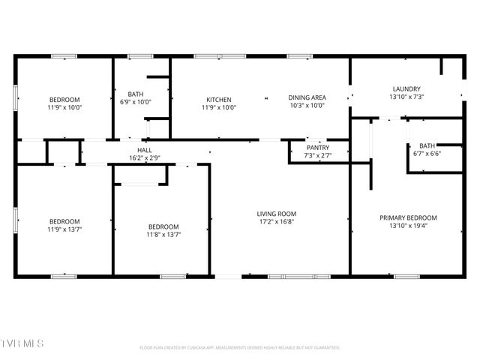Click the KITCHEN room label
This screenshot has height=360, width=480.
click(x=219, y=100)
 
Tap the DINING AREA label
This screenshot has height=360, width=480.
click(x=307, y=97)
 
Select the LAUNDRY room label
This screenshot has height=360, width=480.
click(x=406, y=88)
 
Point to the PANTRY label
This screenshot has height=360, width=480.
click(x=318, y=148)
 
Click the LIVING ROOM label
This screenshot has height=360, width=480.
click(x=277, y=213)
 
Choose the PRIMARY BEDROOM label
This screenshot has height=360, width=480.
click(x=408, y=217)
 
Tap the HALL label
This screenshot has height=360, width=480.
click(x=145, y=150)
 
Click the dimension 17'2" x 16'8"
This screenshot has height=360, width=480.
click(x=277, y=222)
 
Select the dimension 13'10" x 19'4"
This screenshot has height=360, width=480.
click(x=408, y=226)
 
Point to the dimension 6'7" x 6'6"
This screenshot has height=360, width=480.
click(x=427, y=154)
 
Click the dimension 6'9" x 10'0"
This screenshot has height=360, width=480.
click(x=136, y=102)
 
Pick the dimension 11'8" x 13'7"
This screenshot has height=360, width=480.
click(x=163, y=235)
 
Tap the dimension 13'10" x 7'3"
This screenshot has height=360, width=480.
click(x=406, y=97)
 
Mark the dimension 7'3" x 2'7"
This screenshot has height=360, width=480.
click(x=318, y=155)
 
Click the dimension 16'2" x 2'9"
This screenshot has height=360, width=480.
click(x=145, y=158)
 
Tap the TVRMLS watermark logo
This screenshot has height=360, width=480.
click(x=22, y=343)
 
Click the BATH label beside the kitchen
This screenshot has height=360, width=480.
click(x=136, y=94)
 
